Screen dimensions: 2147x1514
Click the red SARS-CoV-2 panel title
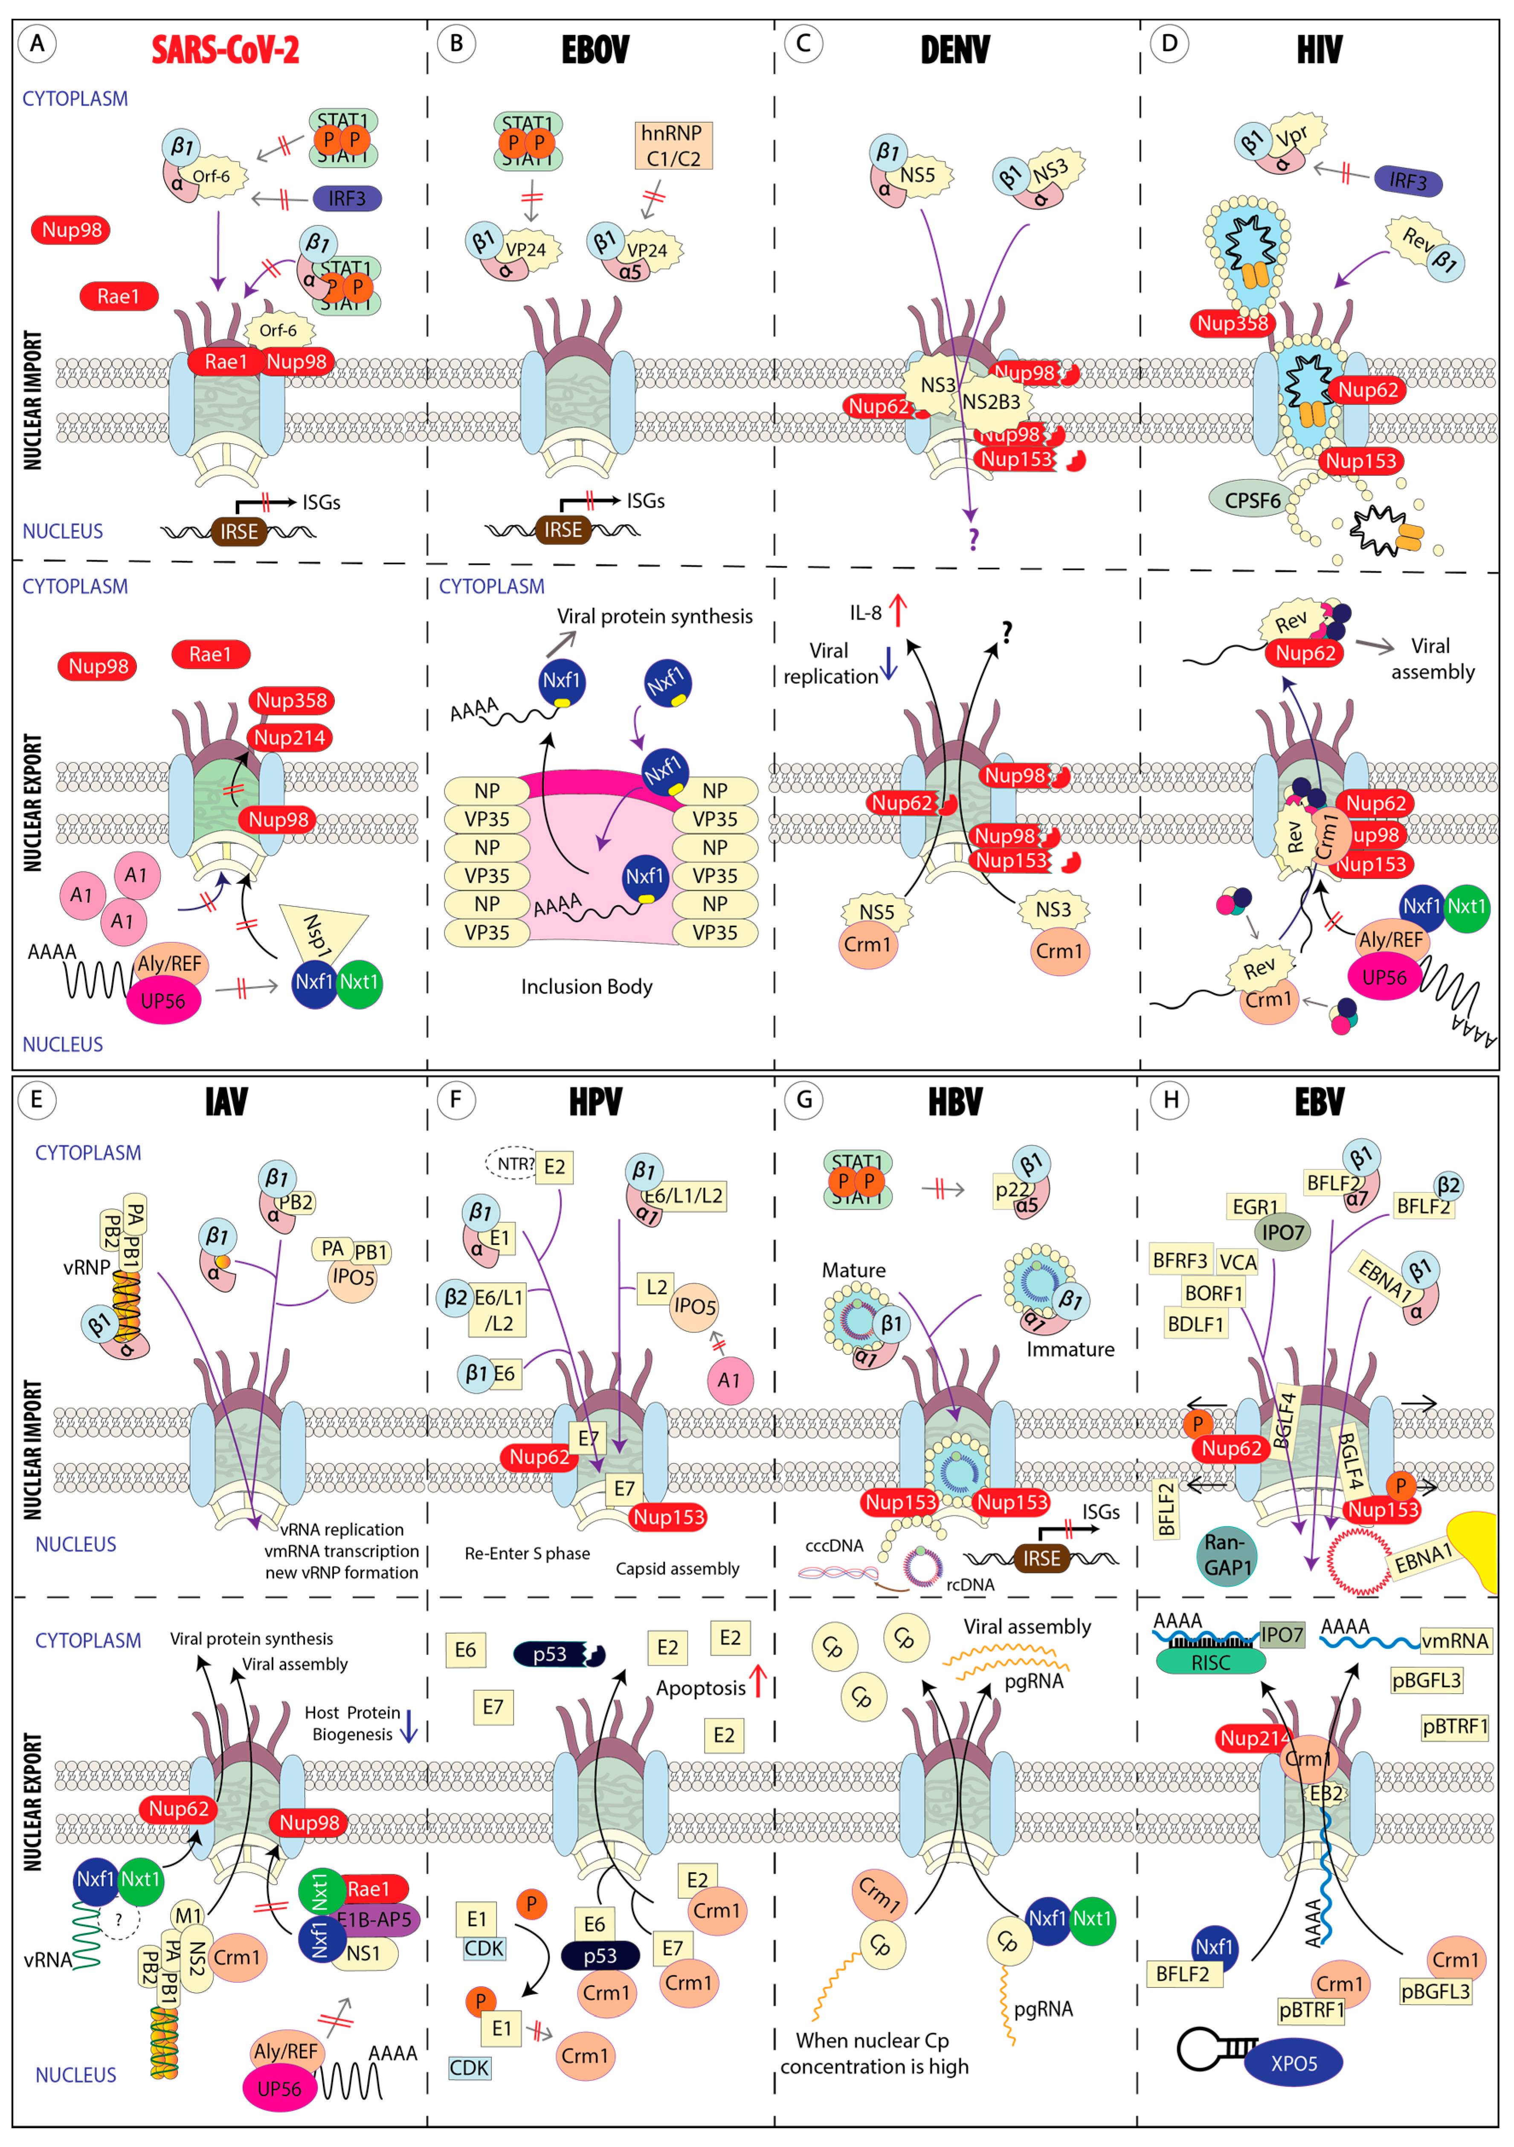(x=225, y=49)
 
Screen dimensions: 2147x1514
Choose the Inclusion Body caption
(x=586, y=987)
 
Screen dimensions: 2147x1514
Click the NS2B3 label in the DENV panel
(x=992, y=402)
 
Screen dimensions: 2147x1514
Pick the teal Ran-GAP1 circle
(x=1227, y=1555)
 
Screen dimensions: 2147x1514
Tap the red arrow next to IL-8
(x=898, y=610)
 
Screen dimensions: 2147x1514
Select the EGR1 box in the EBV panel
(x=1254, y=1206)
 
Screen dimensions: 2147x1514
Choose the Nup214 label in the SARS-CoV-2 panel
(x=290, y=738)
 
